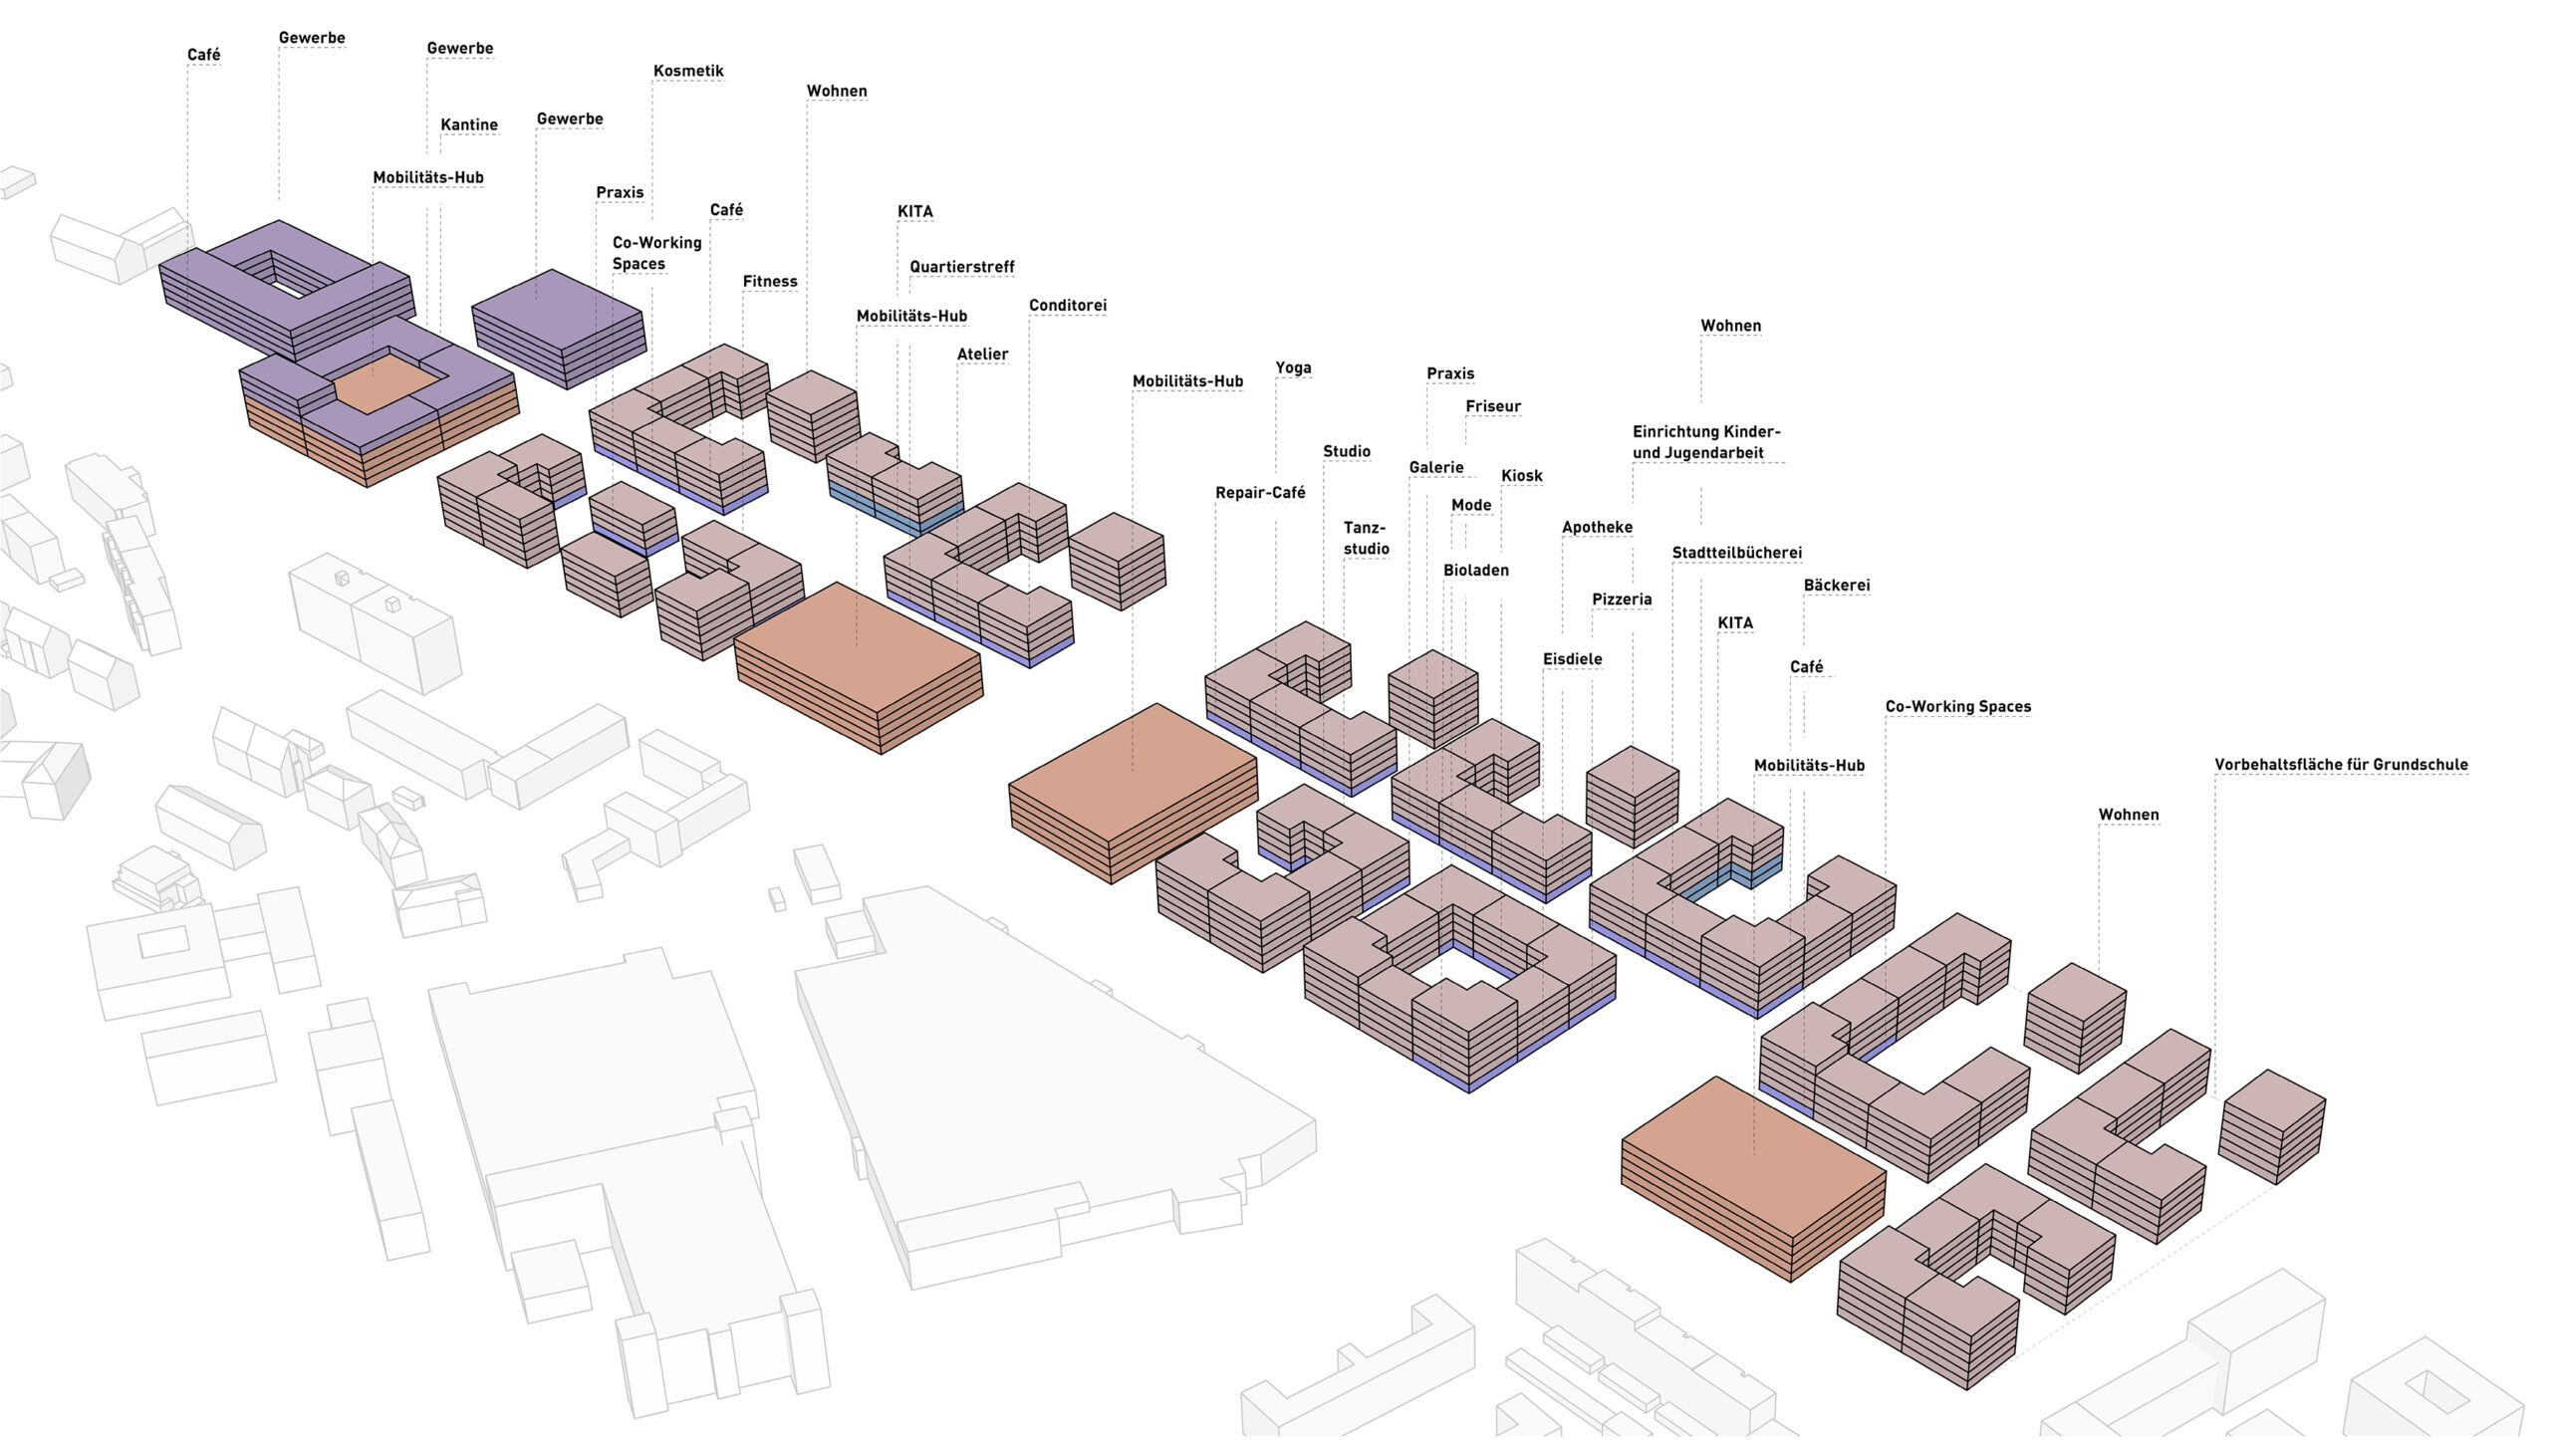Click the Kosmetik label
[688, 71]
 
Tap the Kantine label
[469, 124]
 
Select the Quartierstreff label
[961, 267]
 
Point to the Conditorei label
[1068, 305]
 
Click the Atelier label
[982, 354]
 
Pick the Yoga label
[1293, 367]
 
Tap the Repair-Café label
[1260, 492]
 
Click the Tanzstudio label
[1366, 538]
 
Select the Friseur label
[1493, 406]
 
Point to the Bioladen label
[1476, 570]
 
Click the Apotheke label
[1597, 527]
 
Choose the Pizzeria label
[1622, 599]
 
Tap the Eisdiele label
[1572, 658]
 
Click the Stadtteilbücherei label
[1736, 553]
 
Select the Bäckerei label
[1836, 585]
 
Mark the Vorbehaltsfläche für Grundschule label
[2341, 764]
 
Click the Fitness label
[770, 281]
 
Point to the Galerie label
[1435, 467]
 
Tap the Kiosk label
[1521, 475]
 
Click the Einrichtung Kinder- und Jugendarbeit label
[1705, 442]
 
